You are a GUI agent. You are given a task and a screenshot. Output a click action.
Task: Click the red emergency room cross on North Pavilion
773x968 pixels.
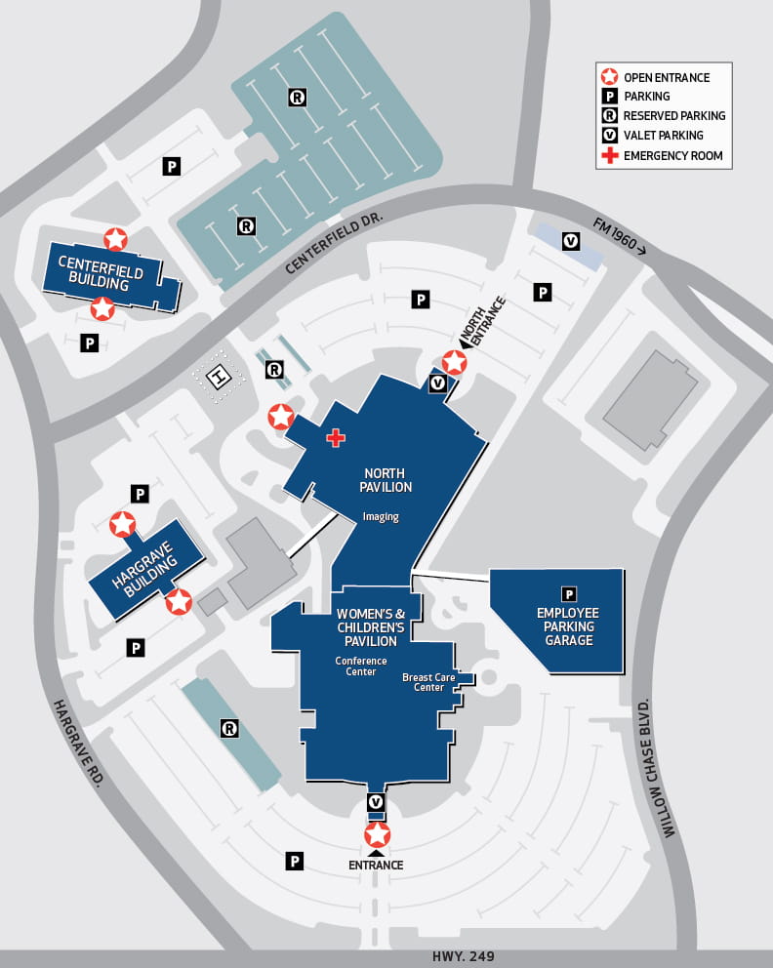point(336,438)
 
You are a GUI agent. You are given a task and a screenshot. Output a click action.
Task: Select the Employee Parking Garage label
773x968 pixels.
point(567,625)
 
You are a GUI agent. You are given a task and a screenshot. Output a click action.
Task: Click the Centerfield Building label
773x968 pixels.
point(101,273)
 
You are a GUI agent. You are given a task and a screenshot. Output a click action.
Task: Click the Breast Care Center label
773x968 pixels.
point(423,682)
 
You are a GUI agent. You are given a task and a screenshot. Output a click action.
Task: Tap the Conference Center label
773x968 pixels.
point(361,665)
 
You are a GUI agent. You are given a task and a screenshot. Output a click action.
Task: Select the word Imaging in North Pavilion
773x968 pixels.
point(381,517)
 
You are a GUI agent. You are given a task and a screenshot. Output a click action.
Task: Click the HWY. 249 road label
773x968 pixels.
point(456,956)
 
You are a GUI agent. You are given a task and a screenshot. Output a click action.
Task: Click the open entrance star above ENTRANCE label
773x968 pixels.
point(377,836)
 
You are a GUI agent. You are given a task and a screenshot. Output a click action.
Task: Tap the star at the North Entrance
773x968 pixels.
point(454,363)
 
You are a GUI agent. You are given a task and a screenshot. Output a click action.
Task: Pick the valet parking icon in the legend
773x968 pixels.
point(609,136)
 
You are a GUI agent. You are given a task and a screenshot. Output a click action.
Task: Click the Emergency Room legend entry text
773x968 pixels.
point(672,155)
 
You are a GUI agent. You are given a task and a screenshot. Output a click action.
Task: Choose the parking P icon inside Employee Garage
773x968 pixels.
point(568,593)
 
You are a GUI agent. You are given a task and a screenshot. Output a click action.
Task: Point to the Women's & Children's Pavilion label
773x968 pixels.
point(366,626)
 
